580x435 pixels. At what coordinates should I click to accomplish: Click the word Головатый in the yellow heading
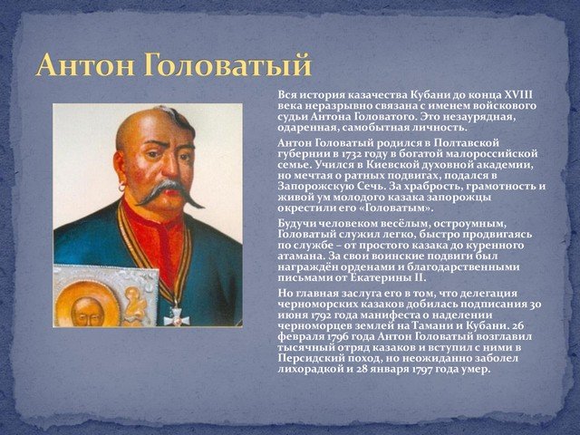[227, 65]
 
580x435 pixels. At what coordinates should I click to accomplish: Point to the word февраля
[300, 337]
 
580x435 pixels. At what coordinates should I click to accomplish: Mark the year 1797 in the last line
[422, 370]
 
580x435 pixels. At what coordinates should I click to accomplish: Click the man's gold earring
[121, 188]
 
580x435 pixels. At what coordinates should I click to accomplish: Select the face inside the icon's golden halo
[87, 312]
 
